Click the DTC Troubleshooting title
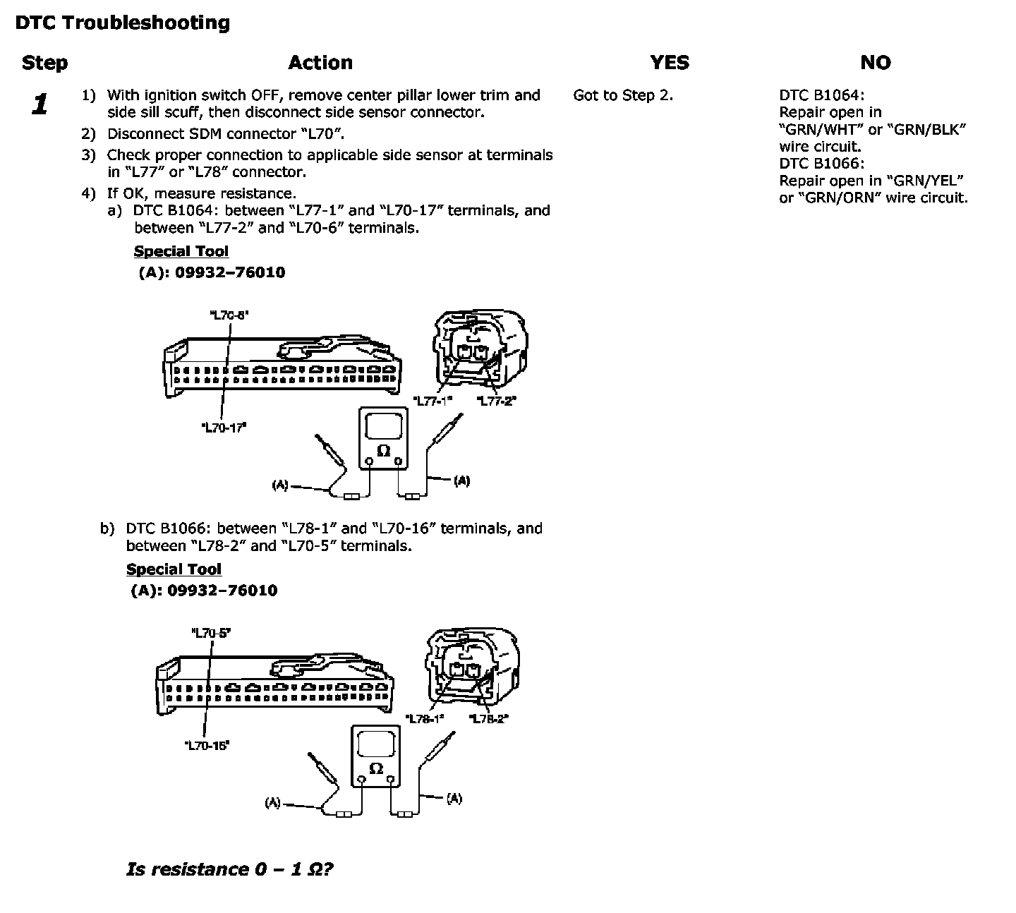123,23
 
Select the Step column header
44,63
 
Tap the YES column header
669,63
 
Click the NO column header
875,63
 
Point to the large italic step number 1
40,105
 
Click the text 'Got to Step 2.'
623,95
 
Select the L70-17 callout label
224,428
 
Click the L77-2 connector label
497,401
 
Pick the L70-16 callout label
207,745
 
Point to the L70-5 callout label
211,633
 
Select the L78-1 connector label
425,718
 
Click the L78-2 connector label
489,718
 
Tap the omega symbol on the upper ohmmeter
384,450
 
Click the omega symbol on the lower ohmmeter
376,768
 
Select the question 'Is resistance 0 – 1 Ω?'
229,869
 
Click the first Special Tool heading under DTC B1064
181,252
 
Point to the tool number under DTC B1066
222,591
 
